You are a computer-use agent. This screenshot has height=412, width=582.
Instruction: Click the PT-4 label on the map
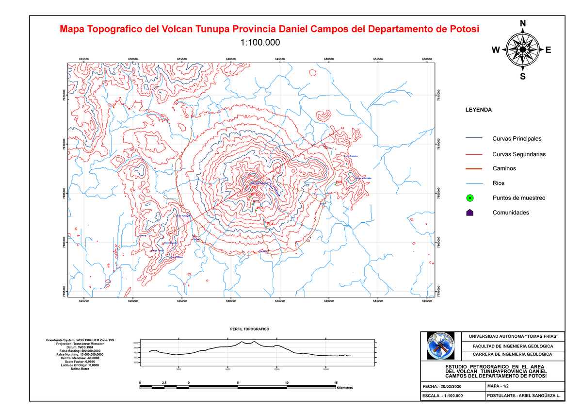coord(260,208)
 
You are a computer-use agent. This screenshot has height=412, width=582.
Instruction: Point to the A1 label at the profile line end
coord(342,128)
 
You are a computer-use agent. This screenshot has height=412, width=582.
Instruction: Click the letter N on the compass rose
coord(522,24)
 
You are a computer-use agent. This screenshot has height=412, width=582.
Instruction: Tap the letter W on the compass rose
coord(495,49)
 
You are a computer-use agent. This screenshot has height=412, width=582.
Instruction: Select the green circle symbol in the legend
coord(469,198)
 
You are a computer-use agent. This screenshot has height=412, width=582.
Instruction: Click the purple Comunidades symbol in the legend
coord(469,213)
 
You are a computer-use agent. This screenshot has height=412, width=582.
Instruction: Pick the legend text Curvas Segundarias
coord(519,154)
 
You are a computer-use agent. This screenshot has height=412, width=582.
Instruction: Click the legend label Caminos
coord(504,168)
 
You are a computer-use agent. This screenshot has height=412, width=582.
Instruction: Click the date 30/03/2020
coord(459,386)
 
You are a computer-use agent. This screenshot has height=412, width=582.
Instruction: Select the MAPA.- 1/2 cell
coord(498,386)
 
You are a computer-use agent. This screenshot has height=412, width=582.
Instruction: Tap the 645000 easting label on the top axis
coord(280,59)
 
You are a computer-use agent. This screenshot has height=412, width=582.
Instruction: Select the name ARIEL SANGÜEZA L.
coord(537,396)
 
